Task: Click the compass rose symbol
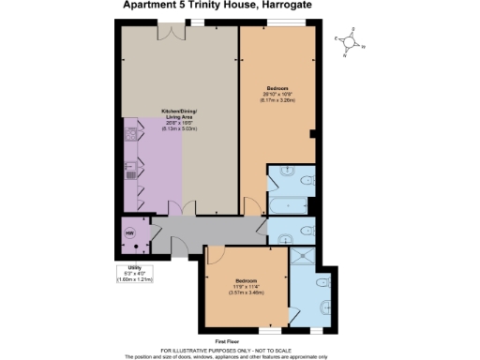point(349,40)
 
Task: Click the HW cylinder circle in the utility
point(130,234)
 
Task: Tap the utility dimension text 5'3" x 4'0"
point(135,273)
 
